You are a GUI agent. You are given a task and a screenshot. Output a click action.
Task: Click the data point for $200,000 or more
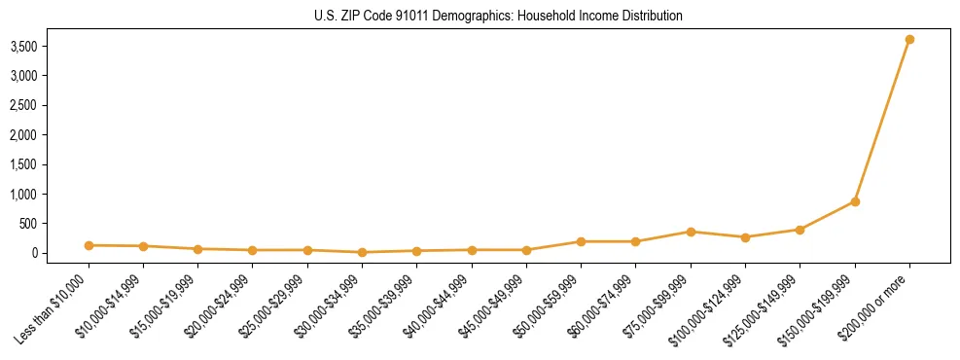[909, 40]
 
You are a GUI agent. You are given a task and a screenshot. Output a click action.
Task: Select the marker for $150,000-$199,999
[855, 201]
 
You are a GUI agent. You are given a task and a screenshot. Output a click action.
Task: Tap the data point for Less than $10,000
[89, 245]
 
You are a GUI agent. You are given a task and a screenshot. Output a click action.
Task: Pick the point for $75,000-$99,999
[691, 232]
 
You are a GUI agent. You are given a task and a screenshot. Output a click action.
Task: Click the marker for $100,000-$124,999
[745, 237]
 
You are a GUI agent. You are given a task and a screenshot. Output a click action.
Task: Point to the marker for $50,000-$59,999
[581, 241]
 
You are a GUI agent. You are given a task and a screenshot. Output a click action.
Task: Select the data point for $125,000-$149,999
[800, 230]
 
